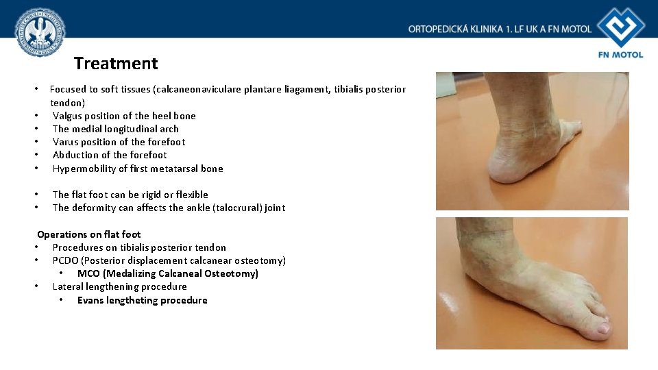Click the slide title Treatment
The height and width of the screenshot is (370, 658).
[116, 64]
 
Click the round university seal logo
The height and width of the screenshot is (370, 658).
[40, 33]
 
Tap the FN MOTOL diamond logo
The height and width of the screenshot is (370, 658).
[621, 28]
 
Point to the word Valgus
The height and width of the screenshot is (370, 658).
[68, 116]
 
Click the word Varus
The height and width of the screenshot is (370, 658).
[66, 142]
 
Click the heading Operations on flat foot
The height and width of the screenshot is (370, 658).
[89, 234]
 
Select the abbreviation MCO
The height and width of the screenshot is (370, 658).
[88, 273]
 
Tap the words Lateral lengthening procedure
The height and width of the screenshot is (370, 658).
[119, 286]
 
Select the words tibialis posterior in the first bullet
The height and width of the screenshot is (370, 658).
[369, 89]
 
